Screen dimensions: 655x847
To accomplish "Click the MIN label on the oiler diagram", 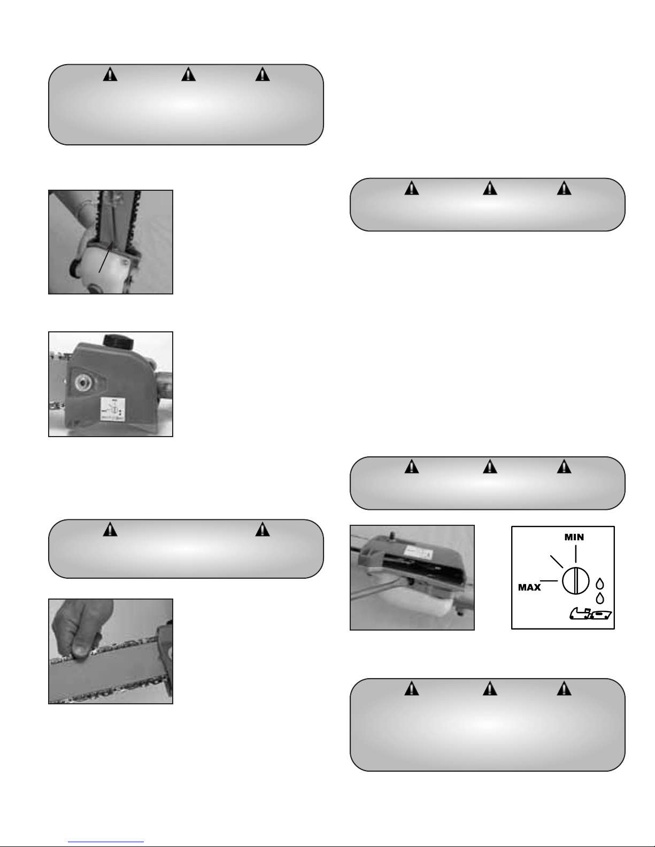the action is (x=574, y=537).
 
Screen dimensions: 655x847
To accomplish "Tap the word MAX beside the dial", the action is (x=529, y=587).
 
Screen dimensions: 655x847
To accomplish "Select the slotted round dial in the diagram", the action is (x=575, y=581).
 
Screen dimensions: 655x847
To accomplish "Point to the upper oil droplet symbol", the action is (x=600, y=584).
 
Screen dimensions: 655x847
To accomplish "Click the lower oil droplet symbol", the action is (x=600, y=598).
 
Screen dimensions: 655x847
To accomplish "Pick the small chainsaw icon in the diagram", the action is (x=591, y=613).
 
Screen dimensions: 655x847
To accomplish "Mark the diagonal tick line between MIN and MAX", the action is (x=557, y=561).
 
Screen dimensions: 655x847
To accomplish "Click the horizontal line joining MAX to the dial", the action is (x=549, y=581).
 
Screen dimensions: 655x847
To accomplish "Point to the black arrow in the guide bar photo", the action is (x=106, y=257).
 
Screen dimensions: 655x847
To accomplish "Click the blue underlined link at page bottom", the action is (x=106, y=841).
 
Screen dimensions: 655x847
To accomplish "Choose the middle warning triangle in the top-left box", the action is (x=188, y=74).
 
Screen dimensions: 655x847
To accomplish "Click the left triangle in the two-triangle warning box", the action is (x=110, y=529).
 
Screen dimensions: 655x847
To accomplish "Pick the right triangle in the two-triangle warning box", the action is (x=263, y=529).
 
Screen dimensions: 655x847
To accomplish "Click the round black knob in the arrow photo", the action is (x=75, y=268).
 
